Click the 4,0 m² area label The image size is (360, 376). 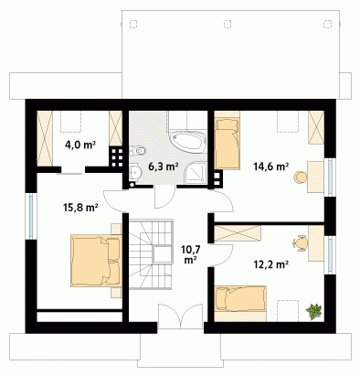pos(80,145)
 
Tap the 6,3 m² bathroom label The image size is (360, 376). pos(164,167)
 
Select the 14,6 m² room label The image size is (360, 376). pos(271,167)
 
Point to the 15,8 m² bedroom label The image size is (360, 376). pos(80,208)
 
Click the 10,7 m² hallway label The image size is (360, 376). pos(190,254)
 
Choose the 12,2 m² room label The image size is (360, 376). pos(271,264)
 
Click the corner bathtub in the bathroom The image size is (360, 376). pos(188,142)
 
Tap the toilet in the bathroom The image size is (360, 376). pos(138,150)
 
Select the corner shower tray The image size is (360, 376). pos(196,173)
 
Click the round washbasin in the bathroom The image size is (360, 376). pos(134,173)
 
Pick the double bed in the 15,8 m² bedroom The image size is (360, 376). pos(96,261)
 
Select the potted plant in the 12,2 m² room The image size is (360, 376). pos(314,311)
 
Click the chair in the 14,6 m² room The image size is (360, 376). pos(300,177)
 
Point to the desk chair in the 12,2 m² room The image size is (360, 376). pos(300,243)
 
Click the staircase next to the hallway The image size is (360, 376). pos(151,253)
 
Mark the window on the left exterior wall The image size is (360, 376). pos(31,216)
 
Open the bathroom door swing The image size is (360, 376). pos(165,197)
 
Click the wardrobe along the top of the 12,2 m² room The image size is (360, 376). pos(238,233)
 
